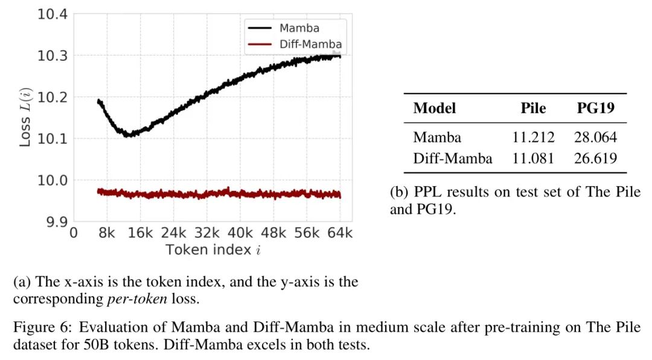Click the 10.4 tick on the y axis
53,13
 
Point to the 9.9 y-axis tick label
53,221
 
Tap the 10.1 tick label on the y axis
53,138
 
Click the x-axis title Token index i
213,249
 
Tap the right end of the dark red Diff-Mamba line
340,195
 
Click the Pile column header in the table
533,108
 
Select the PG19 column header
595,108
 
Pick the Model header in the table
435,108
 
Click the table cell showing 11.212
533,137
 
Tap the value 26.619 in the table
595,158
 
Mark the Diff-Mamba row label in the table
453,158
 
